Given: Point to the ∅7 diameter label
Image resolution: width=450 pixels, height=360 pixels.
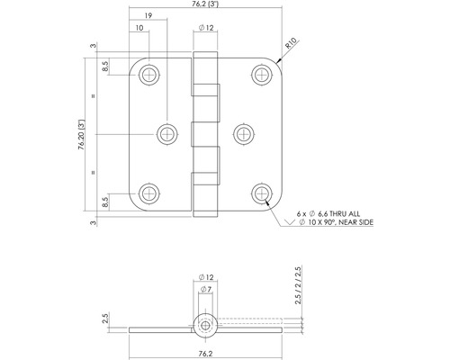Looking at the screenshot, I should click(x=206, y=290).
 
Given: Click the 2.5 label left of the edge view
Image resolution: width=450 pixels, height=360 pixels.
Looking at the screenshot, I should click(x=105, y=318).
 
